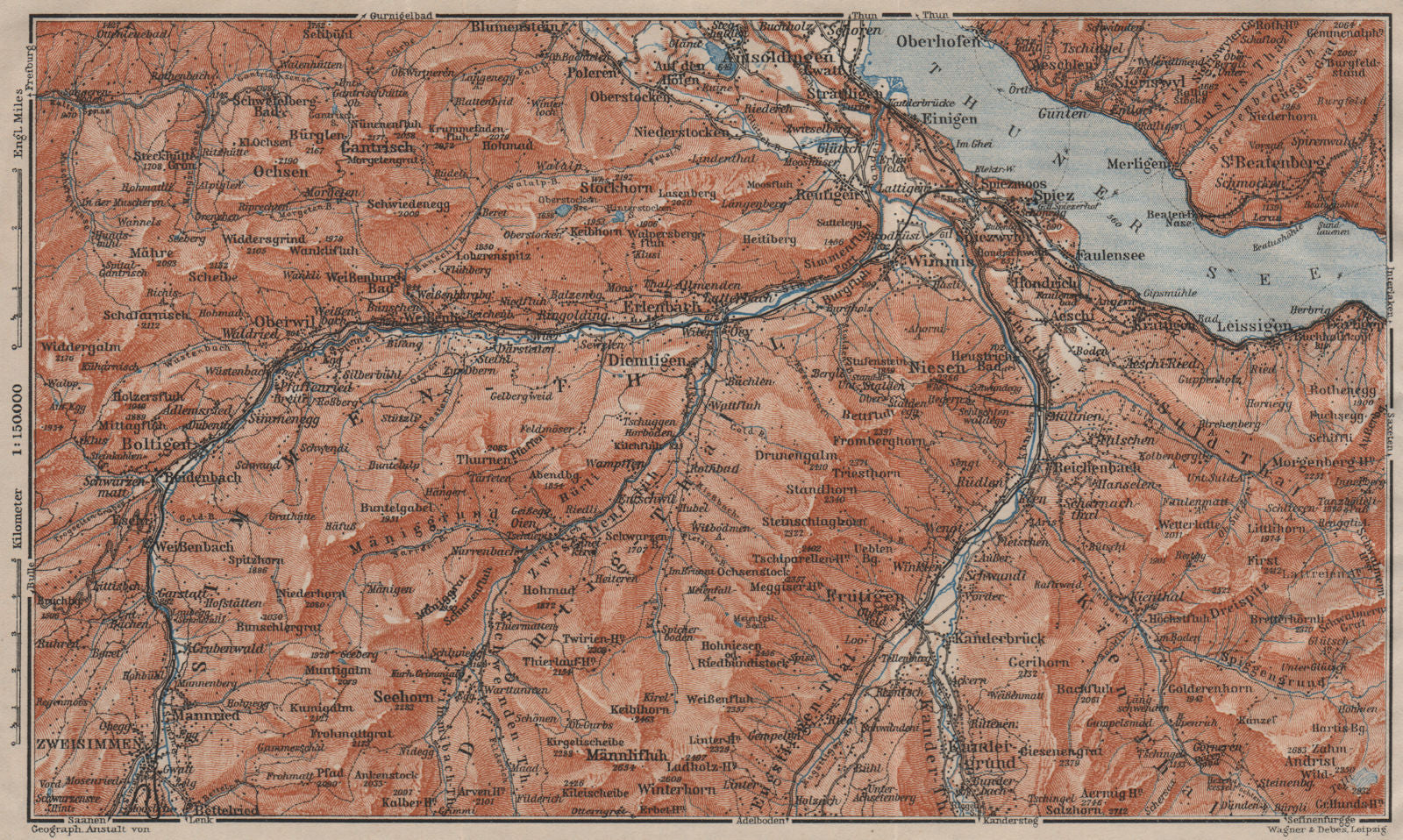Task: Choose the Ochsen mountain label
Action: [281, 172]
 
